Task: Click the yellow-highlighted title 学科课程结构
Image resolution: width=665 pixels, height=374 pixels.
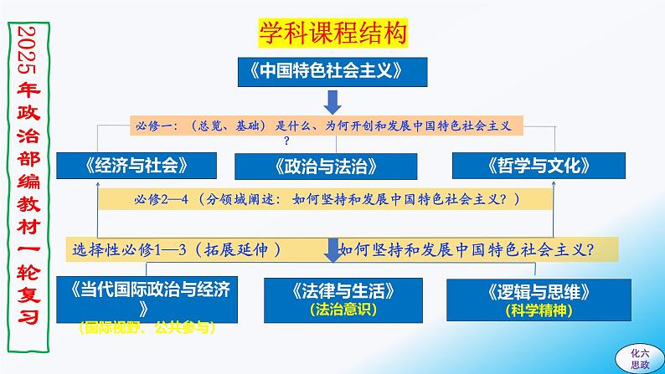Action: (333, 33)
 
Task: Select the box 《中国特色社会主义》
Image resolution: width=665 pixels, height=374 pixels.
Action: (332, 72)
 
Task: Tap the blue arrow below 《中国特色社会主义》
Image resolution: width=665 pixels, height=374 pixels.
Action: (332, 102)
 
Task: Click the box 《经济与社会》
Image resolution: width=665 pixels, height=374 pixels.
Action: (137, 166)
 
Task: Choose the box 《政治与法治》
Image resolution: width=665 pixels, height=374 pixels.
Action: (326, 167)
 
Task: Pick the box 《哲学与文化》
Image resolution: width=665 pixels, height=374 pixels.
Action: (539, 166)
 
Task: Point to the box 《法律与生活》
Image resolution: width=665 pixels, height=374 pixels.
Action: (343, 300)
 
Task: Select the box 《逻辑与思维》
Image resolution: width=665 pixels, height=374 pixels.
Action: (539, 300)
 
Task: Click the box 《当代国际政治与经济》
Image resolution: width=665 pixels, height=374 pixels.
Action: (147, 300)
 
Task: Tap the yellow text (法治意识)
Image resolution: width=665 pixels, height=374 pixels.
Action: (343, 310)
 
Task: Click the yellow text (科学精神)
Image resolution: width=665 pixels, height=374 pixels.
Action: (539, 311)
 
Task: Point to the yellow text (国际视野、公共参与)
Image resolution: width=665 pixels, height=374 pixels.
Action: (147, 327)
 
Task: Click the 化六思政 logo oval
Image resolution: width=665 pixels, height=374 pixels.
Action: (640, 359)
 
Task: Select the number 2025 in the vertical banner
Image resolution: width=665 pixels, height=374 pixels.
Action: (28, 50)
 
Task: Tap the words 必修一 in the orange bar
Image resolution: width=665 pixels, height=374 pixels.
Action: (153, 126)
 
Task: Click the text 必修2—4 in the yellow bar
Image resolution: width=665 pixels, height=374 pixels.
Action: (161, 199)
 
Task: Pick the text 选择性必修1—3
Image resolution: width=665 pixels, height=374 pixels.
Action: (129, 250)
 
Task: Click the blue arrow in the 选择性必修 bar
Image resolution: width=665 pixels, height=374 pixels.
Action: (333, 250)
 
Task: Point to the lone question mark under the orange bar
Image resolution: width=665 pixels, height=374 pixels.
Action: (286, 141)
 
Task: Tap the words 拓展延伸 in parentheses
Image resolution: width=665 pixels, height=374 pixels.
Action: (236, 250)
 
